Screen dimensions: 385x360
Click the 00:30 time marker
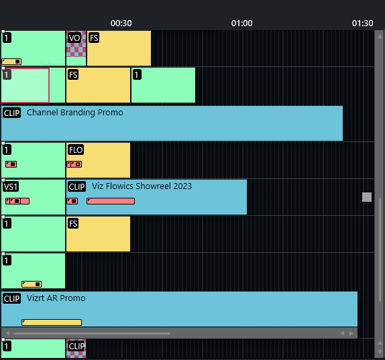pyautogui.click(x=121, y=23)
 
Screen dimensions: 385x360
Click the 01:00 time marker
pyautogui.click(x=242, y=23)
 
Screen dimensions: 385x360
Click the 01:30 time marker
pyautogui.click(x=362, y=23)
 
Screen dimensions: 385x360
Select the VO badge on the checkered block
pyautogui.click(x=74, y=38)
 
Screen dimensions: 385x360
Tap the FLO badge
pyautogui.click(x=76, y=149)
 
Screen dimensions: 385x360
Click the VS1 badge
pyautogui.click(x=11, y=187)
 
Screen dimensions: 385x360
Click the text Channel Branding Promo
pyautogui.click(x=75, y=113)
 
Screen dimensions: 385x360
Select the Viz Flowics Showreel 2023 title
pyautogui.click(x=142, y=186)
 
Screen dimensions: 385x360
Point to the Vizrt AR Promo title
pyautogui.click(x=56, y=298)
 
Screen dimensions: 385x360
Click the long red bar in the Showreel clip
pyautogui.click(x=111, y=201)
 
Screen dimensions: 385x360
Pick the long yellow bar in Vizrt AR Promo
pyautogui.click(x=52, y=322)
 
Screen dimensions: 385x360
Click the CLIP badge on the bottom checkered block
pyautogui.click(x=76, y=347)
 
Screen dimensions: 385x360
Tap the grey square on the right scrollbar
pyautogui.click(x=367, y=197)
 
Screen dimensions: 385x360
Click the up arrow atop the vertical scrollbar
pyautogui.click(x=380, y=36)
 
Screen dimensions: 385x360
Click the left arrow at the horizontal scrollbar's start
pyautogui.click(x=7, y=333)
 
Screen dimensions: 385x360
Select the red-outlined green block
pyautogui.click(x=25, y=85)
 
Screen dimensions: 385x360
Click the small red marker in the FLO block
pyautogui.click(x=74, y=164)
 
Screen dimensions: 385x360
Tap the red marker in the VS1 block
pyautogui.click(x=17, y=201)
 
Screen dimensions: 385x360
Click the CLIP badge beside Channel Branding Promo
pyautogui.click(x=12, y=113)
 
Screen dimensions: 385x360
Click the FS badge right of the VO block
pyautogui.click(x=94, y=38)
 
